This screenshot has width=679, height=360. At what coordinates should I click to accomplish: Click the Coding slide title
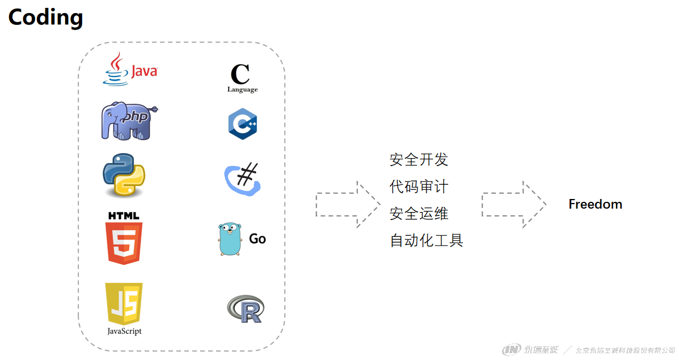pos(45,18)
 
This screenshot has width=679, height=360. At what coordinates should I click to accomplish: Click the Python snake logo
pos(124,175)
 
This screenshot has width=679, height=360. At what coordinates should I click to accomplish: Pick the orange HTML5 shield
pos(124,243)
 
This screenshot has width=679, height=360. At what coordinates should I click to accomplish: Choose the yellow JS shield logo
pos(124,303)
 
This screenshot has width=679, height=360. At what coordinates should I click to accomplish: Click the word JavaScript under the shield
pos(124,331)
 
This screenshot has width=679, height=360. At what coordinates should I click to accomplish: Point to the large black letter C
pos(240,74)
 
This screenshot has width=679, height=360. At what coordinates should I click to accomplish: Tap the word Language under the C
pos(242,90)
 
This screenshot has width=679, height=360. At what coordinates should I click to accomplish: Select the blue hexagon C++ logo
pos(243,124)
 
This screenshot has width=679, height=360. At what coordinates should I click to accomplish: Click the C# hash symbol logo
pos(243,178)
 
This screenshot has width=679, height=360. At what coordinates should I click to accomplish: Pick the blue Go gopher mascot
pos(230,239)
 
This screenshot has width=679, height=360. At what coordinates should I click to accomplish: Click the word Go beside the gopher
pos(258,239)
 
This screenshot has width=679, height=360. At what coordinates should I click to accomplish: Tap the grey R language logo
pos(245,308)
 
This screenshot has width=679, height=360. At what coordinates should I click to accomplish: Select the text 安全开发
pos(419,160)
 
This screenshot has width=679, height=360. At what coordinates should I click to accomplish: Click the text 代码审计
pos(419,187)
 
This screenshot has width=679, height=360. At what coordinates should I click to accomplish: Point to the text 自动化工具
pos(426,240)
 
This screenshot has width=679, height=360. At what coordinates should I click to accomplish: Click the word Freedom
pos(595,204)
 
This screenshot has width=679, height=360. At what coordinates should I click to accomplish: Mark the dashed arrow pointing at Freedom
pos(513,205)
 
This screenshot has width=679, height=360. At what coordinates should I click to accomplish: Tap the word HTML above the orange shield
pos(123,216)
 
